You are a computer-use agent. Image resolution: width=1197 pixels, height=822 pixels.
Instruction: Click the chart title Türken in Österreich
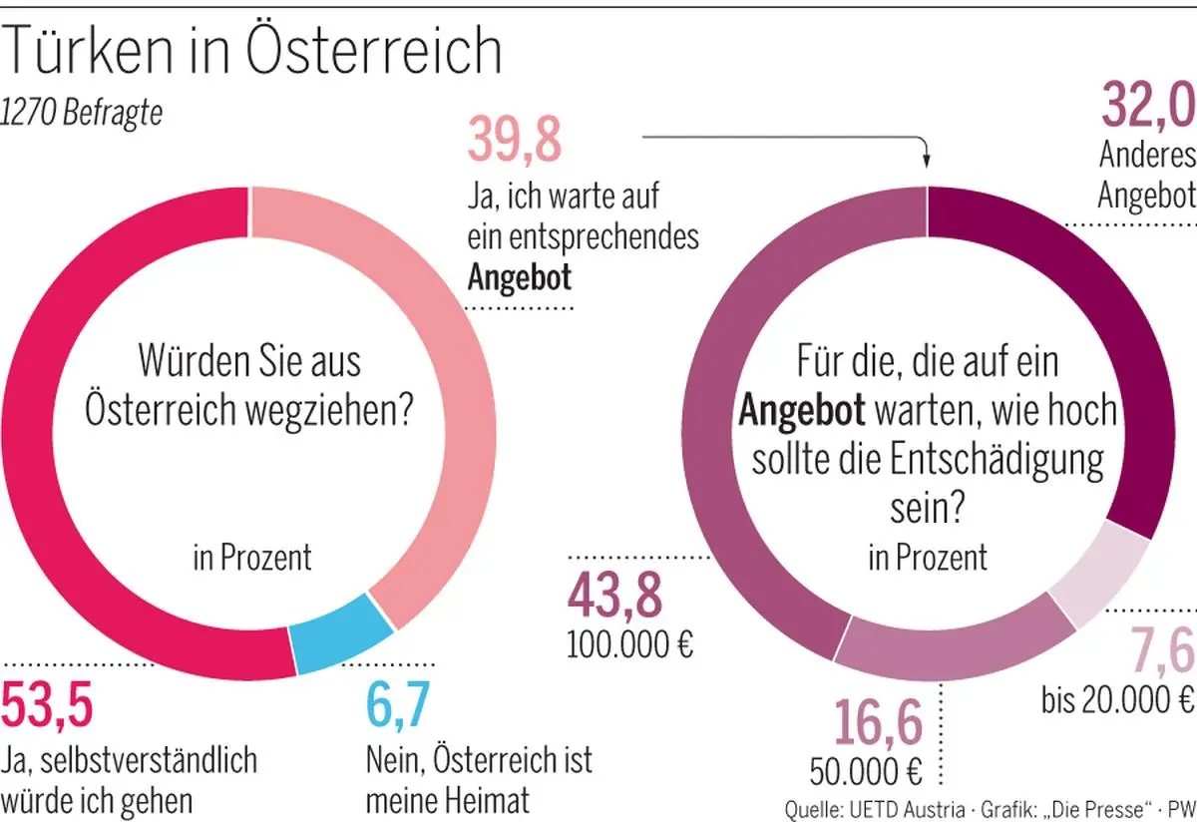252,50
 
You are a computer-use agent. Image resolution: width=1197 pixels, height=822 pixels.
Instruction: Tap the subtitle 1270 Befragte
82,113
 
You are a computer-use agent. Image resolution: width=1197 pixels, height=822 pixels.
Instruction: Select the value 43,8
614,599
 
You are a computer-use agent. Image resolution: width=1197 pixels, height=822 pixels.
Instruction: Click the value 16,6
879,724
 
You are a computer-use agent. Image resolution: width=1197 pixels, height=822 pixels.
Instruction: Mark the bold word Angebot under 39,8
520,276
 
